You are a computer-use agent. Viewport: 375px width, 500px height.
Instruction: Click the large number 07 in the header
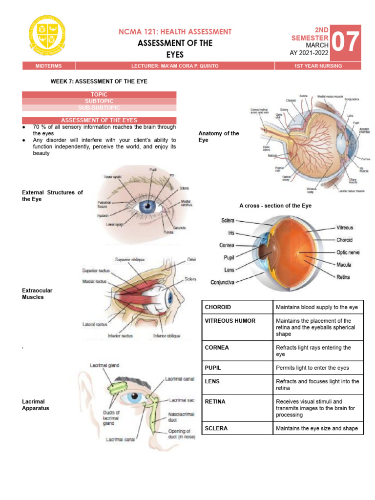[346, 42]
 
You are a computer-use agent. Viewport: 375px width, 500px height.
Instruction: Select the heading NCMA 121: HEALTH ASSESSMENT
[175, 32]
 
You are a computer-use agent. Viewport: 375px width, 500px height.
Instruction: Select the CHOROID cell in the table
[218, 307]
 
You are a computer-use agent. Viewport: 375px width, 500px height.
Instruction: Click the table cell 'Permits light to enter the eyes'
[312, 368]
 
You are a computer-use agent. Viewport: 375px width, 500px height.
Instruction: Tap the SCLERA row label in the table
[216, 428]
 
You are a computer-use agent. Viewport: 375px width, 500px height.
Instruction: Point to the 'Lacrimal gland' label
[104, 365]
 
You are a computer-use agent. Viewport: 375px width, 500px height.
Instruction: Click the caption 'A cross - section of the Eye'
[275, 206]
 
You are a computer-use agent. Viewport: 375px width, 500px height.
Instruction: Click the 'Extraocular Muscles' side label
[37, 293]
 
